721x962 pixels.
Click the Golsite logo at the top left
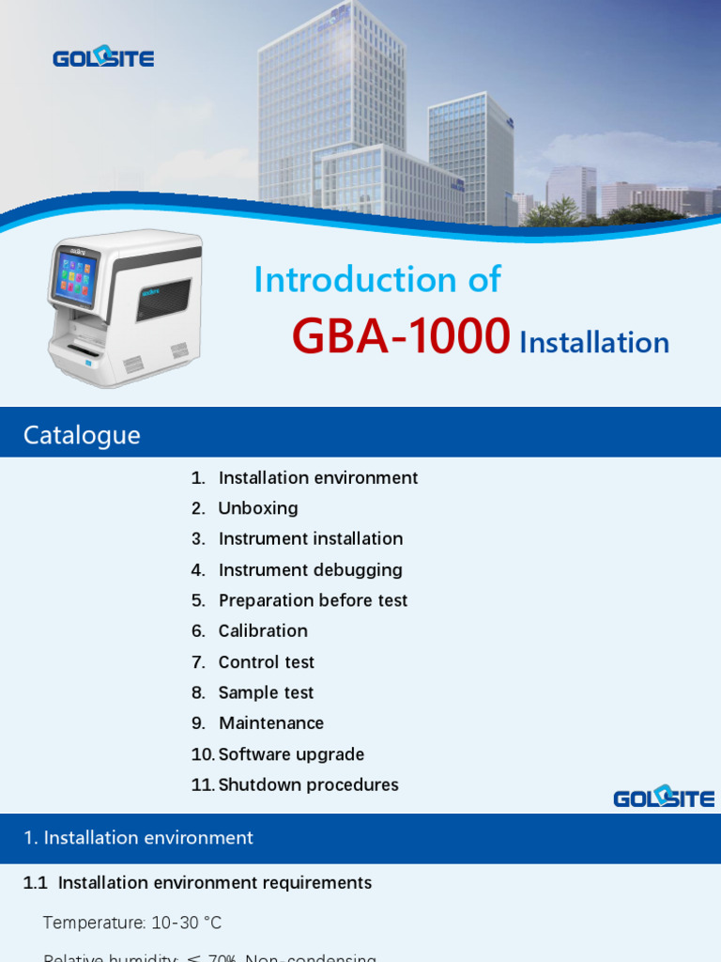(x=103, y=57)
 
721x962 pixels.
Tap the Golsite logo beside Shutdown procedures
(x=664, y=797)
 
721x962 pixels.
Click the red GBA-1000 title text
(x=401, y=336)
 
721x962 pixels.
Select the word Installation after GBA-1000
(x=594, y=343)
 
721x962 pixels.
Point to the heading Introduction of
(x=377, y=280)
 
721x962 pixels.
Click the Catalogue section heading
(x=82, y=435)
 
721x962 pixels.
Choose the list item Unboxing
(x=258, y=508)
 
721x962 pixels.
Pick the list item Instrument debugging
(x=310, y=570)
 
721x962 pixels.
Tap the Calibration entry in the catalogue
(x=263, y=631)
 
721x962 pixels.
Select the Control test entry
(x=267, y=662)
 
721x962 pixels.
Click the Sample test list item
(x=266, y=693)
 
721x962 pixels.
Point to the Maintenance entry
(x=271, y=723)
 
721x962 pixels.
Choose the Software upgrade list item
(x=291, y=754)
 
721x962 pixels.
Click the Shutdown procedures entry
(x=308, y=785)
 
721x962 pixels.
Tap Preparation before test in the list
(x=313, y=600)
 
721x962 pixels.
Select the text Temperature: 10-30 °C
(x=132, y=923)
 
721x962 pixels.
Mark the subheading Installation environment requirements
(x=215, y=883)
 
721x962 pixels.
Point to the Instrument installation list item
(x=311, y=539)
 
